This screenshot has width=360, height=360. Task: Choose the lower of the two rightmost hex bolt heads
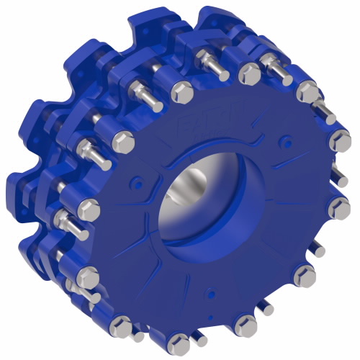[338, 210]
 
